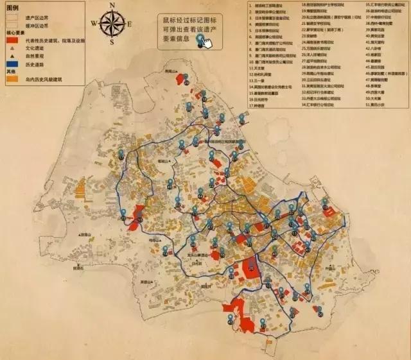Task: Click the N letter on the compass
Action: tap(113, 6)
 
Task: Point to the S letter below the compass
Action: tap(113, 43)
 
